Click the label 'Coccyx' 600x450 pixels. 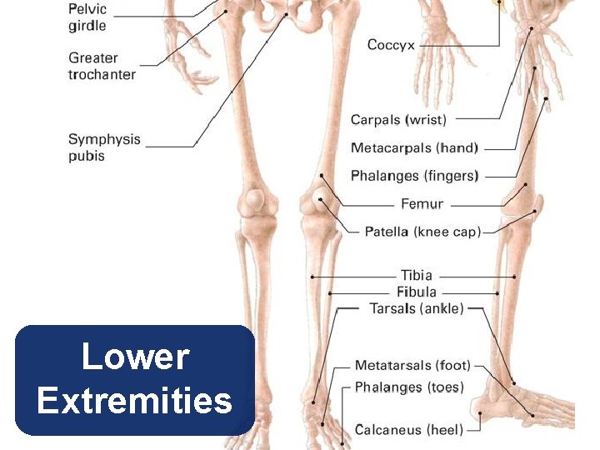pos(391,45)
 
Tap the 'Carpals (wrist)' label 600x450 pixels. pos(398,120)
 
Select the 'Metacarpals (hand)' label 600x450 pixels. pos(414,148)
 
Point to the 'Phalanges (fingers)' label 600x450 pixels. pos(414,176)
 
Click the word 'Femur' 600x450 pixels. pos(422,203)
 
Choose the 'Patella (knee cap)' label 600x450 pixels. pos(422,231)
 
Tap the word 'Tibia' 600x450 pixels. pos(417,275)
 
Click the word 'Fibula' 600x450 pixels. pos(417,292)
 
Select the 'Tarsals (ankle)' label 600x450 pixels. pos(416,309)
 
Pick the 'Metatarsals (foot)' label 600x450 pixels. pos(412,365)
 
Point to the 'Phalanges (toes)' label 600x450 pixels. pos(409,387)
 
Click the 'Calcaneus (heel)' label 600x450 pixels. pos(409,430)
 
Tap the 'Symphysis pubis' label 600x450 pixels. pos(104,147)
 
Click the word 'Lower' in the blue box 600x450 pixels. pos(135,357)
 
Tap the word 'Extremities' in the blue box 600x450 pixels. pos(135,401)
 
